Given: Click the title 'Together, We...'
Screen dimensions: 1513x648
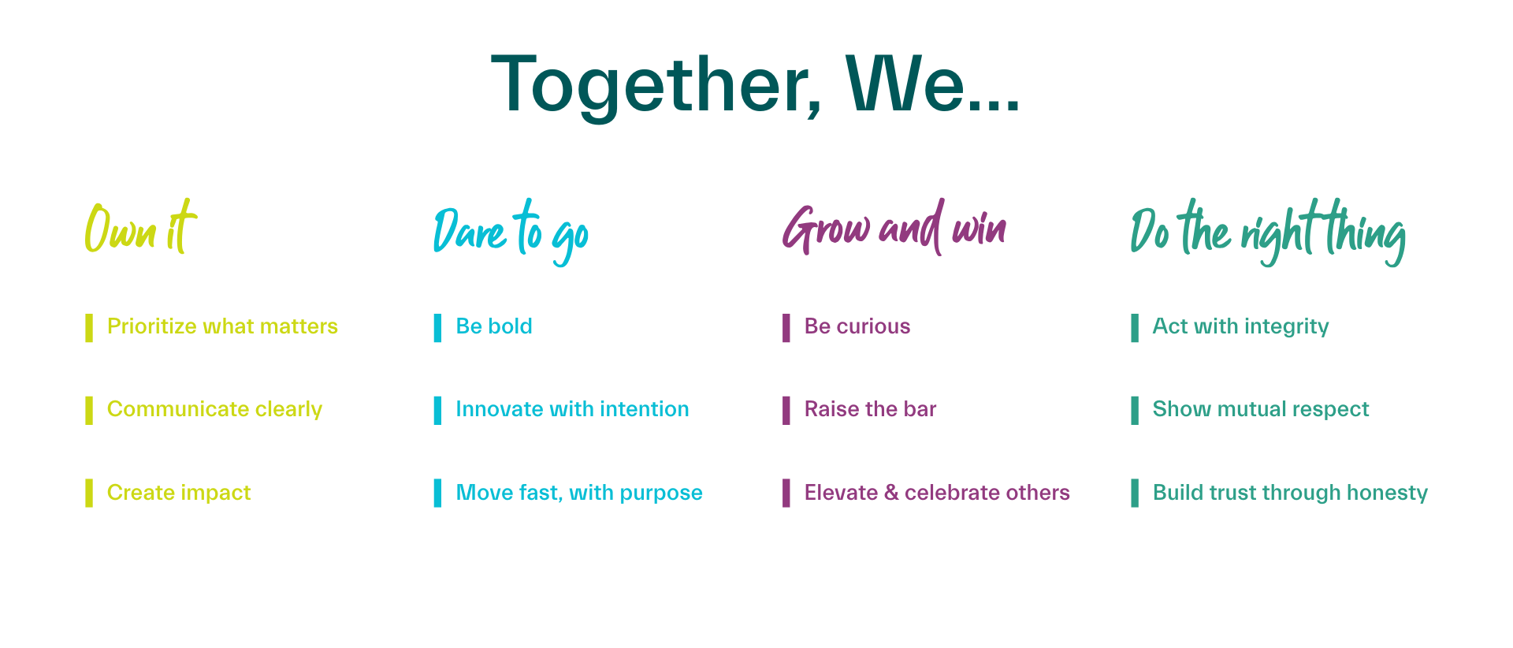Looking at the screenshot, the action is tap(755, 85).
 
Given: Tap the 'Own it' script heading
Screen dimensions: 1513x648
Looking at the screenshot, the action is tap(140, 228).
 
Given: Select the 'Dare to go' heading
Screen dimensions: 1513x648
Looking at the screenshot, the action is tap(511, 232).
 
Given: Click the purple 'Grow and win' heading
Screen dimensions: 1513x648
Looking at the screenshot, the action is tap(894, 228).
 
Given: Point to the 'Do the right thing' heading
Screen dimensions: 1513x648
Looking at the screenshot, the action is tap(1268, 232).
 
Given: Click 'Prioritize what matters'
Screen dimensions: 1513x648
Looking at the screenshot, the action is tap(222, 326).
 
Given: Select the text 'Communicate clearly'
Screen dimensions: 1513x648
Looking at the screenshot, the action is tap(214, 409).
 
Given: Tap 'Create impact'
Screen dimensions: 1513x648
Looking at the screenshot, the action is tap(179, 493).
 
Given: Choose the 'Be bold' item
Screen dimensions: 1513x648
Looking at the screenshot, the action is tap(494, 326).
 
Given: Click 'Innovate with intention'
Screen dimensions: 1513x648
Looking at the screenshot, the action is tap(572, 409).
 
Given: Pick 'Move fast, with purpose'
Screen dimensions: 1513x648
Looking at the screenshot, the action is tap(579, 493).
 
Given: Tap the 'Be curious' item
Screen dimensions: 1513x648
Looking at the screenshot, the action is tap(857, 326).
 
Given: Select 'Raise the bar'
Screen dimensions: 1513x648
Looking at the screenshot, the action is tap(870, 409).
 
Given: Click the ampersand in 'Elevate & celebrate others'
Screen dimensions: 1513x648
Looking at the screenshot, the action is tap(891, 493).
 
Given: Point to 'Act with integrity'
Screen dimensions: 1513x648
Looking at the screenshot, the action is tap(1240, 326).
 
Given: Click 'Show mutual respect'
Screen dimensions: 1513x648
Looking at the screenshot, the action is tap(1261, 409).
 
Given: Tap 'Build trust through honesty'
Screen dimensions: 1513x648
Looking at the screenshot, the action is tap(1290, 493).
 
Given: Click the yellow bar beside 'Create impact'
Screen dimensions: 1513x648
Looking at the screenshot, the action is tap(89, 493).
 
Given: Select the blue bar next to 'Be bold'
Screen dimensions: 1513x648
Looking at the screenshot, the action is tap(437, 328).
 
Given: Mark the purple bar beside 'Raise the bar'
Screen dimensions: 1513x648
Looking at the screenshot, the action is tap(786, 411).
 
